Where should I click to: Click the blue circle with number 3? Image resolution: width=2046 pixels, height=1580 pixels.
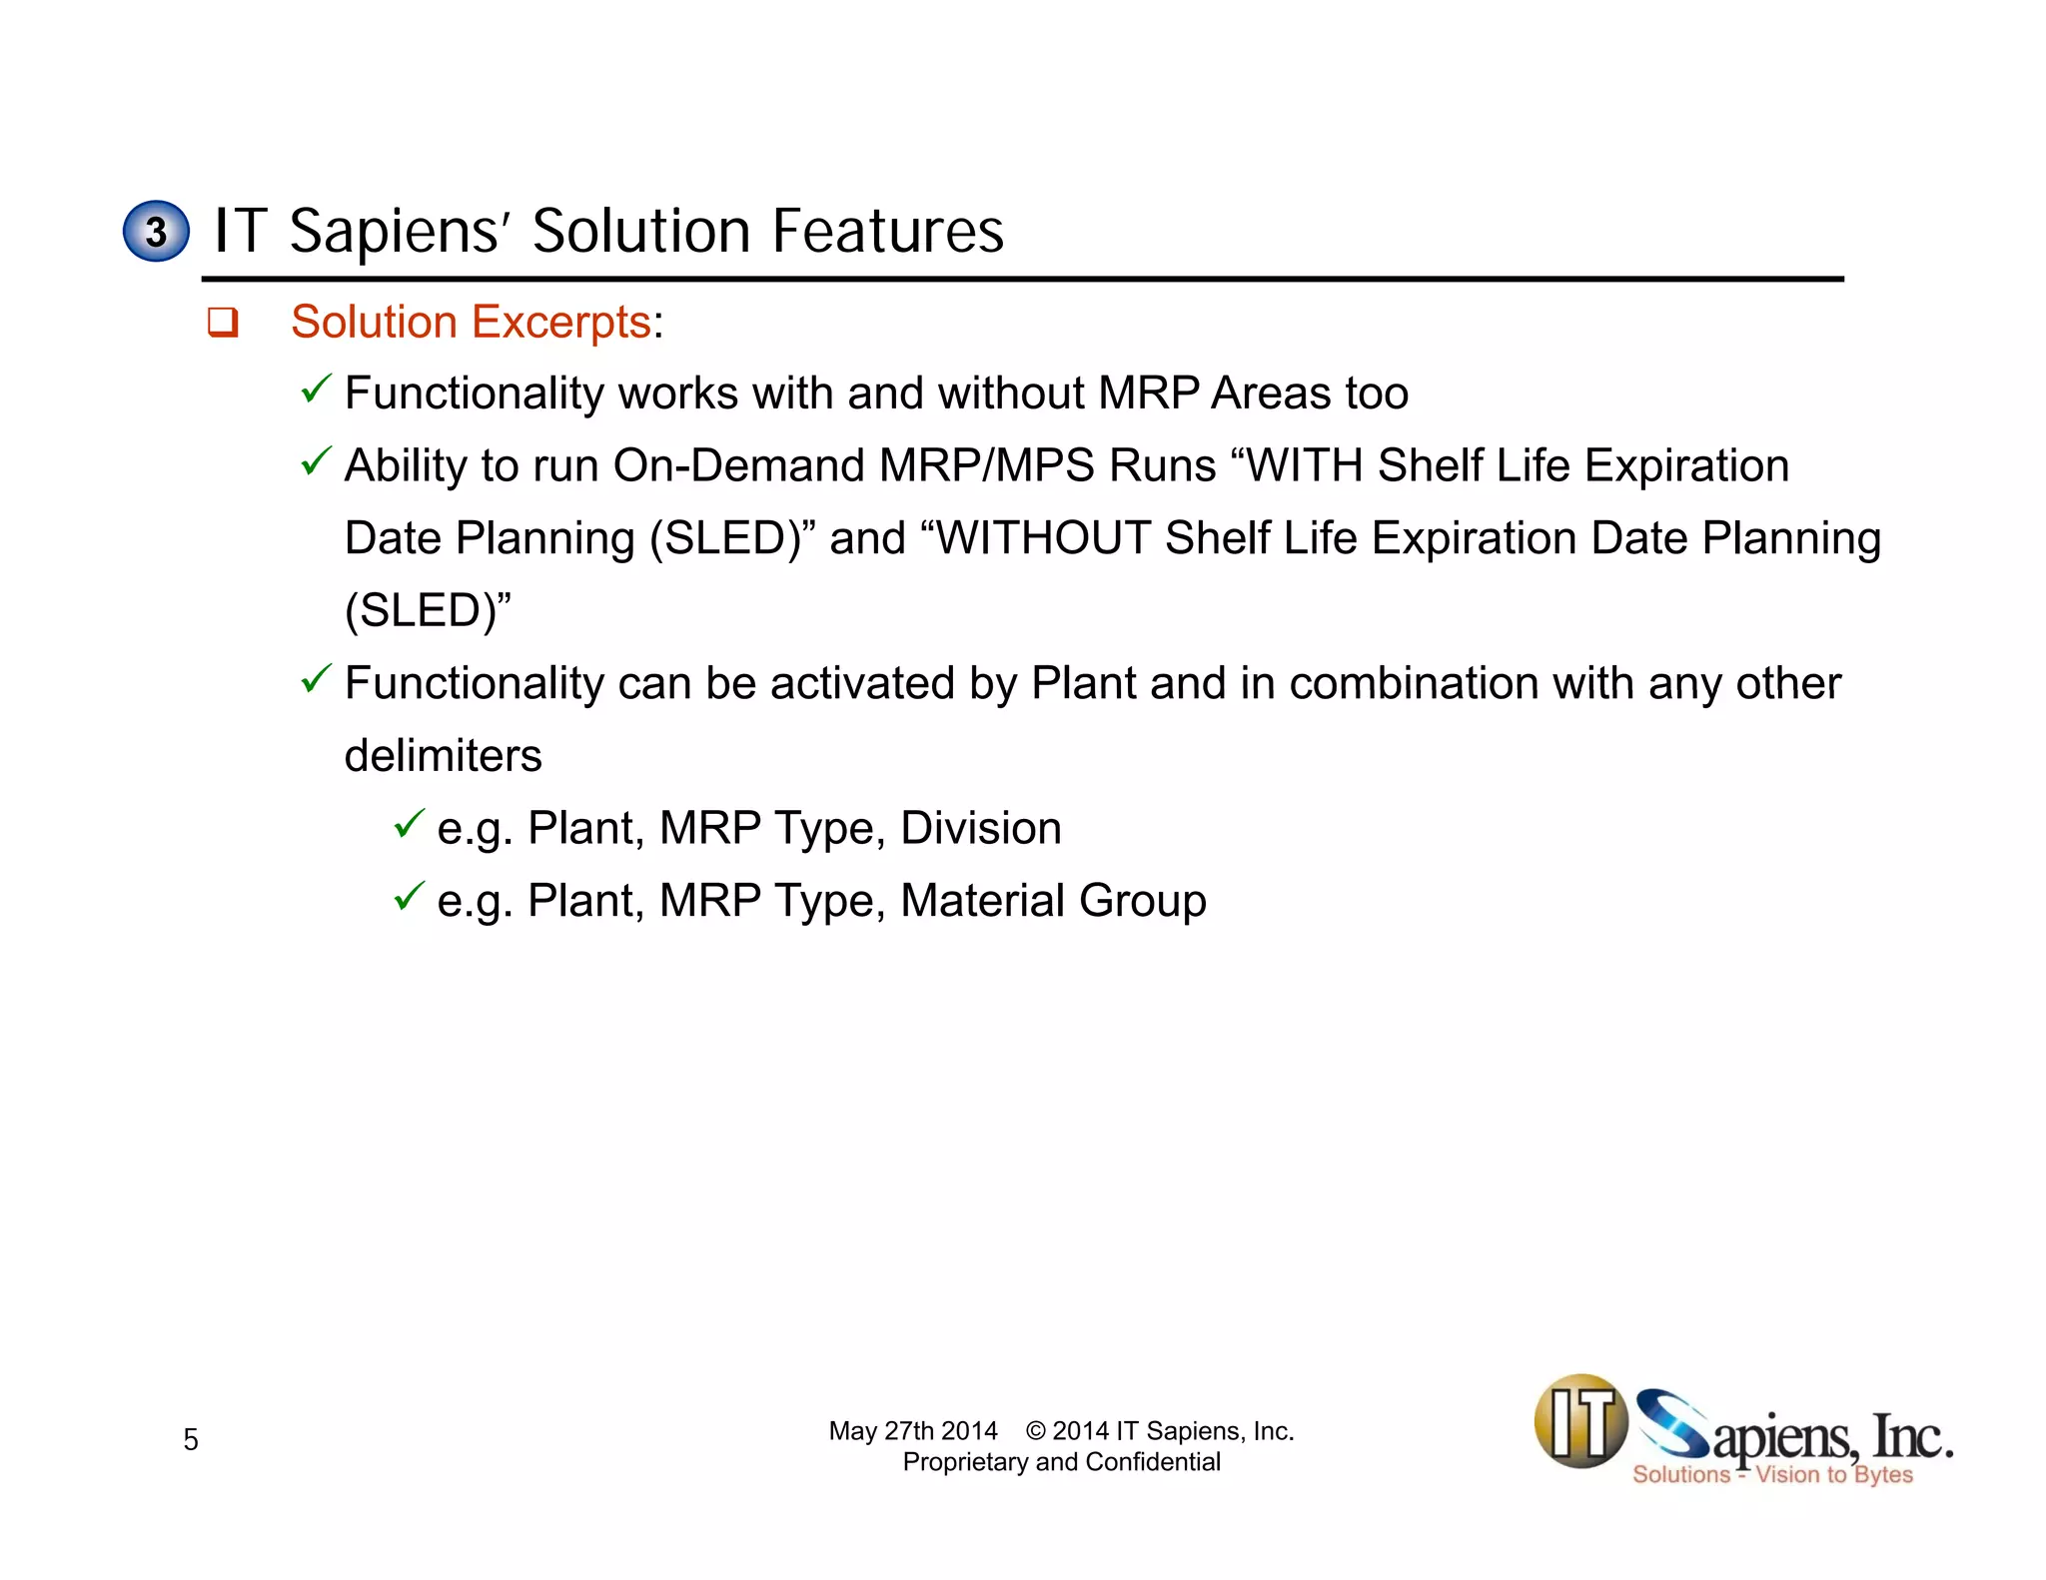[156, 231]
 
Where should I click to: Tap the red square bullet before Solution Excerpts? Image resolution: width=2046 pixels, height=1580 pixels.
[222, 323]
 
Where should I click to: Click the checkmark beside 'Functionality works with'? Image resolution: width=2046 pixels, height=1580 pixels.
[316, 389]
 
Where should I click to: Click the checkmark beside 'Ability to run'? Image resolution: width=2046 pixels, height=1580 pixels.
[316, 461]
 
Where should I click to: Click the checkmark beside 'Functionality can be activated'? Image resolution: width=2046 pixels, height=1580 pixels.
[316, 679]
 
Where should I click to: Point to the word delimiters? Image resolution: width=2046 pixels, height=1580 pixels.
[443, 756]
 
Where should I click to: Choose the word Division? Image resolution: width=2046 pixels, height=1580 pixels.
[980, 828]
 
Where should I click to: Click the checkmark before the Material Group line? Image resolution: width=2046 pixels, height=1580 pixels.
[409, 897]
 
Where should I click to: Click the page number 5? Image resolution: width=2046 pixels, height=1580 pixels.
[191, 1439]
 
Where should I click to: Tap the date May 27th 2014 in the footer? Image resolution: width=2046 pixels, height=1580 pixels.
[913, 1431]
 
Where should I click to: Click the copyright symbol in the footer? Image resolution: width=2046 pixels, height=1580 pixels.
[1036, 1431]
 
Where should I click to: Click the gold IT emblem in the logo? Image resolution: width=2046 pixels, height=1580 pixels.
[1580, 1421]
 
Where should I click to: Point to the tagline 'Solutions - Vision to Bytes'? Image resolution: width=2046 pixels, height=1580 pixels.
[1772, 1475]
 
